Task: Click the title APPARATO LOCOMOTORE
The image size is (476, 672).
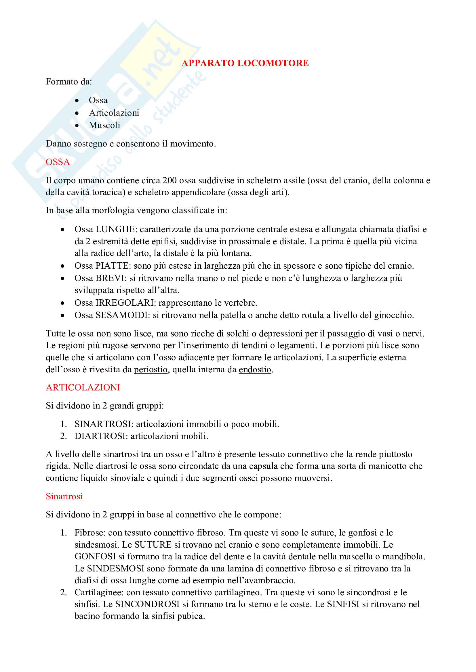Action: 245,63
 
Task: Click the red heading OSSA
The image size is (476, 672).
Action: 58,162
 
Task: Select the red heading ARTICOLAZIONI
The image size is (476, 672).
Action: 83,387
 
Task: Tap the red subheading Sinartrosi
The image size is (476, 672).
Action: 64,496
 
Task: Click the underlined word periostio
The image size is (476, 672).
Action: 151,369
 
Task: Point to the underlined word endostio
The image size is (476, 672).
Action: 255,369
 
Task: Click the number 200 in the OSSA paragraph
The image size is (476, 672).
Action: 170,180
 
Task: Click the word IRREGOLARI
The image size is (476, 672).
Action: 125,303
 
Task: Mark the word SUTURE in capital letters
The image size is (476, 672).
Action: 153,545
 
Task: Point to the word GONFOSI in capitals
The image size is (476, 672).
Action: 95,557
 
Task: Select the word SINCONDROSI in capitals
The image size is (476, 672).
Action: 147,604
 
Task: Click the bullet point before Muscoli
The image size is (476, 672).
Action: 77,126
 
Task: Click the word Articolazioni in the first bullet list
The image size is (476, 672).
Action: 114,113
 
